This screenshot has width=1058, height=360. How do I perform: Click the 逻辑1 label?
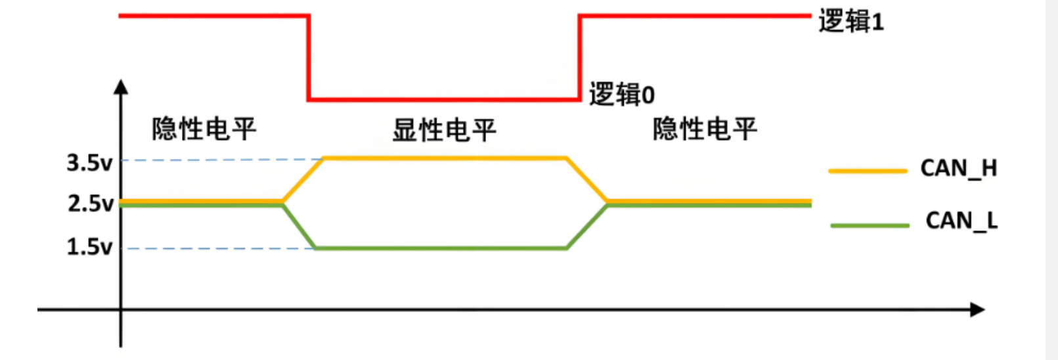pyautogui.click(x=850, y=22)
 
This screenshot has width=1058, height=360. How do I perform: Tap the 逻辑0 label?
pyautogui.click(x=621, y=95)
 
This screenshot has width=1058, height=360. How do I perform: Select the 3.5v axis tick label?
pyautogui.click(x=89, y=162)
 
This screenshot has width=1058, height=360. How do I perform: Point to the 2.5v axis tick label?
pyautogui.click(x=91, y=204)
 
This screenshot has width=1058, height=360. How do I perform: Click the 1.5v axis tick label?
pyautogui.click(x=89, y=247)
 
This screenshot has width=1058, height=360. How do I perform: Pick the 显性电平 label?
pyautogui.click(x=444, y=129)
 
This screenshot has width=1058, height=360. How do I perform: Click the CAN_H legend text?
pyautogui.click(x=958, y=169)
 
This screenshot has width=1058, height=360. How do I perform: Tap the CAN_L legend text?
pyautogui.click(x=961, y=221)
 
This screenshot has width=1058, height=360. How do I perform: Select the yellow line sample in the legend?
pyautogui.click(x=868, y=171)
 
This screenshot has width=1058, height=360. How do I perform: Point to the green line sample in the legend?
pyautogui.click(x=870, y=225)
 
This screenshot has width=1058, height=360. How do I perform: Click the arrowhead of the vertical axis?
pyautogui.click(x=121, y=87)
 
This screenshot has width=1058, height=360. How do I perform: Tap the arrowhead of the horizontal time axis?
pyautogui.click(x=977, y=309)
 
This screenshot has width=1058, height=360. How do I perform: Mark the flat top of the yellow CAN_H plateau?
pyautogui.click(x=444, y=158)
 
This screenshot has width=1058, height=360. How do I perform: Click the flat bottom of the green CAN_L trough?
pyautogui.click(x=440, y=248)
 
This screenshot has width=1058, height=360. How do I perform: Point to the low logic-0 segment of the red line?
pyautogui.click(x=444, y=100)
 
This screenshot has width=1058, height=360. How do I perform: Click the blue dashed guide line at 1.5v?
pyautogui.click(x=217, y=248)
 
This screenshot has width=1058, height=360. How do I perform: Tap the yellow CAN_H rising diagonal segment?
pyautogui.click(x=303, y=179)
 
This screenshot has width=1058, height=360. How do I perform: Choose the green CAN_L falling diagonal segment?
pyautogui.click(x=299, y=227)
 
